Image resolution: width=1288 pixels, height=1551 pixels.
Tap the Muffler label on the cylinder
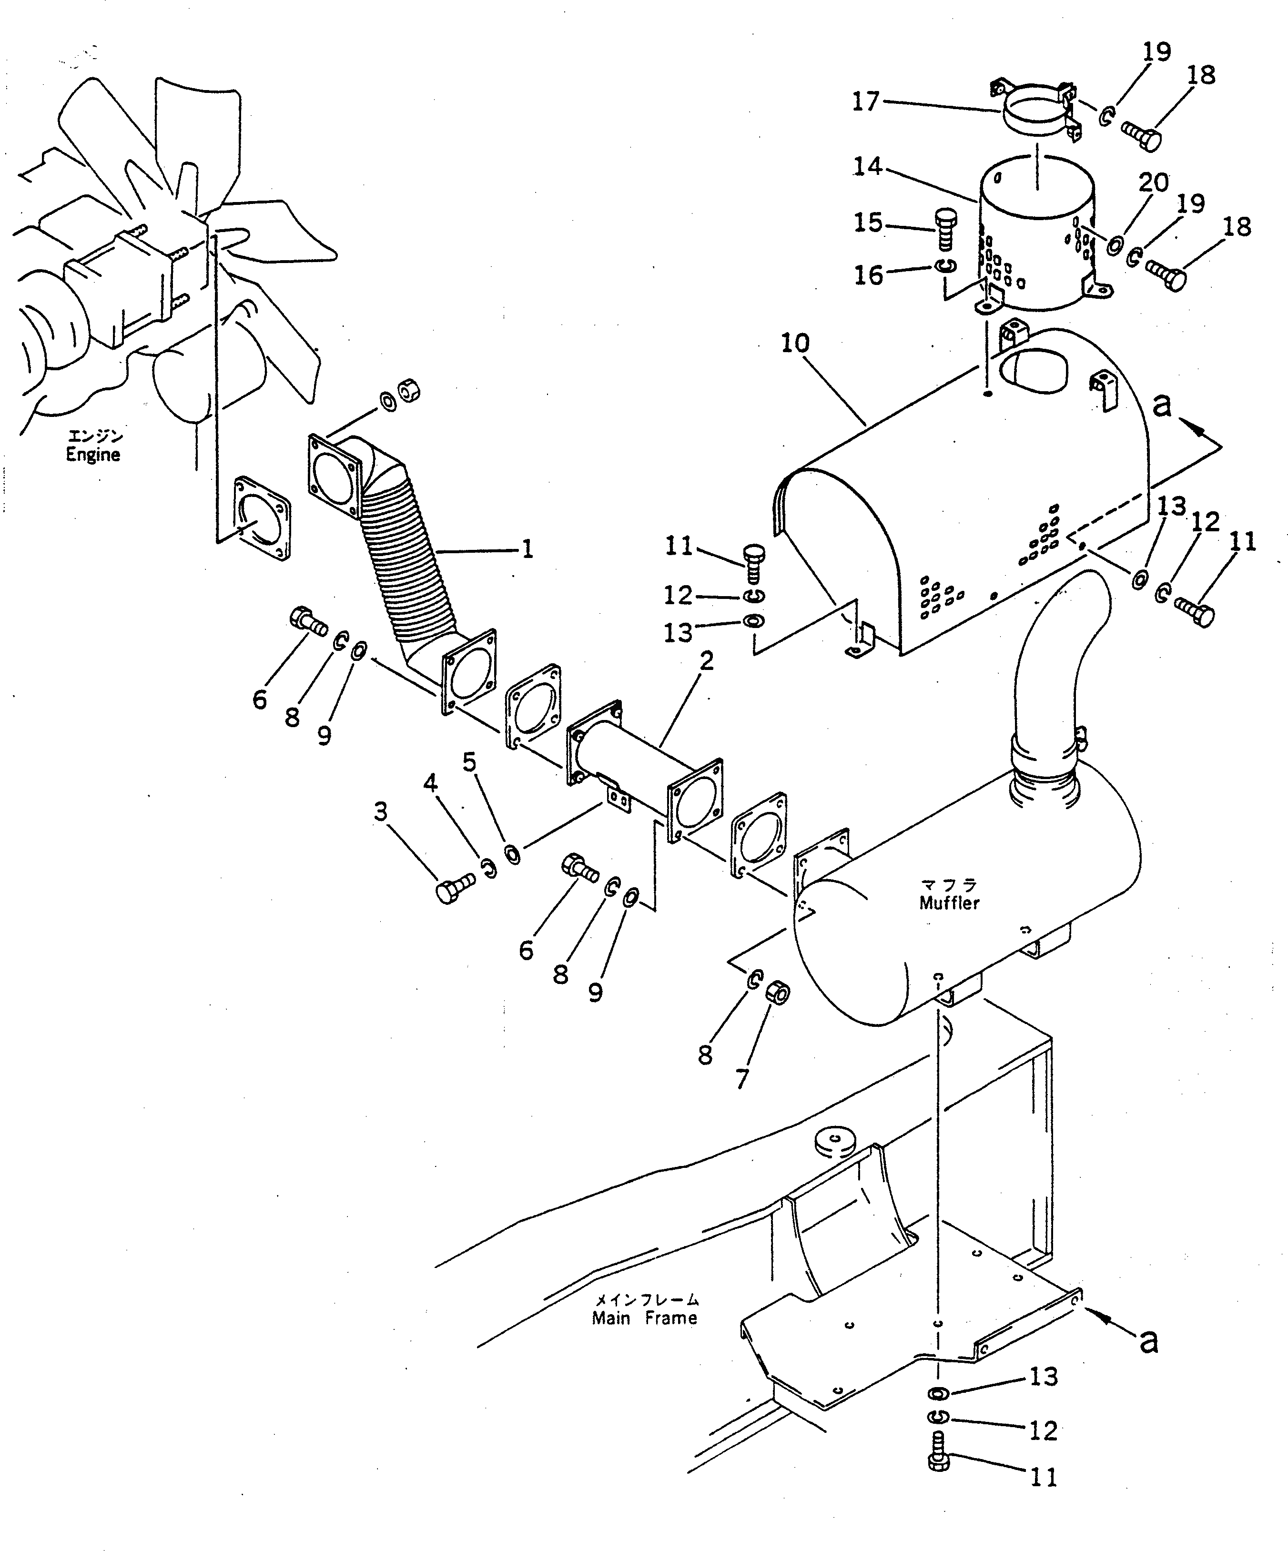pos(949,902)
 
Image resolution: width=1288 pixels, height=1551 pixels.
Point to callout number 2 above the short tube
pos(707,661)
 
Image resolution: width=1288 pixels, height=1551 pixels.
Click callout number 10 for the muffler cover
pos(795,343)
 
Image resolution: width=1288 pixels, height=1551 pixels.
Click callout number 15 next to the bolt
pos(868,223)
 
